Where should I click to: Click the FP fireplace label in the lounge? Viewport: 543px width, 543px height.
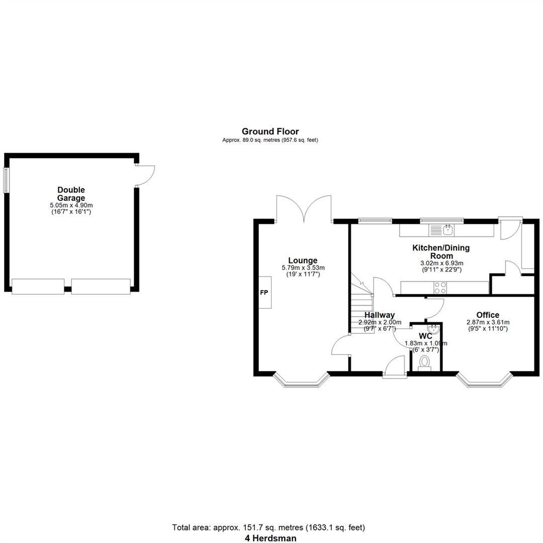[264, 293]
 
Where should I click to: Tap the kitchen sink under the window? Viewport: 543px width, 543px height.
[441, 230]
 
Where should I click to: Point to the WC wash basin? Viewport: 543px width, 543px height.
[433, 329]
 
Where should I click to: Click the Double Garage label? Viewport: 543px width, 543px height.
[71, 194]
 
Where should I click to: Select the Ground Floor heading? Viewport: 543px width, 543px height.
[270, 131]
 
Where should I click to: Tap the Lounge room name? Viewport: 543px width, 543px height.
[303, 260]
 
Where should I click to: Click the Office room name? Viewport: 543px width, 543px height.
[488, 315]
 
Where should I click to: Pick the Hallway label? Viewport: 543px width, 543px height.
[380, 315]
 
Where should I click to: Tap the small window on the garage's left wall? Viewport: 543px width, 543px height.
[6, 179]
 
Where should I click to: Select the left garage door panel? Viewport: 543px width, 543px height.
[38, 287]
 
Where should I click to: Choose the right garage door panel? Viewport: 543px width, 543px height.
[101, 287]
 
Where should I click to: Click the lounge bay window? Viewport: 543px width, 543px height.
[301, 382]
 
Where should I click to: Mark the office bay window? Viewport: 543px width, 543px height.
[484, 382]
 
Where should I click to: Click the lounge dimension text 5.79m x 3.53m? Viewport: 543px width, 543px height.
[303, 267]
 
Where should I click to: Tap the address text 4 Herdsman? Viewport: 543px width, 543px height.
[270, 538]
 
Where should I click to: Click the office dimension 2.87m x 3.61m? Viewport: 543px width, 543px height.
[488, 322]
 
